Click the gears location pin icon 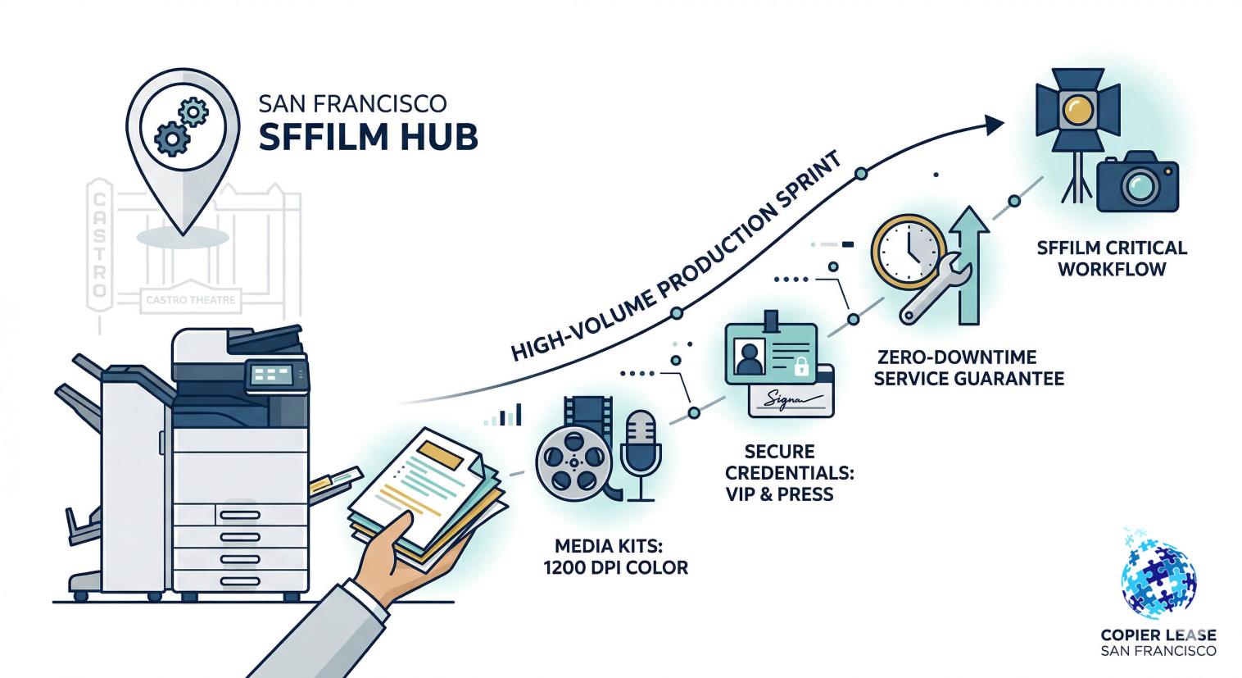tap(182, 131)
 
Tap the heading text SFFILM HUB tap(368, 137)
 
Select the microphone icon tap(641, 451)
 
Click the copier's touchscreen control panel tap(271, 375)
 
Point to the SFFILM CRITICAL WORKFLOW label tap(1111, 257)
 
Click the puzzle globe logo tap(1158, 574)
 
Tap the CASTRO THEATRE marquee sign tap(190, 300)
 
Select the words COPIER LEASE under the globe tap(1158, 635)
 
